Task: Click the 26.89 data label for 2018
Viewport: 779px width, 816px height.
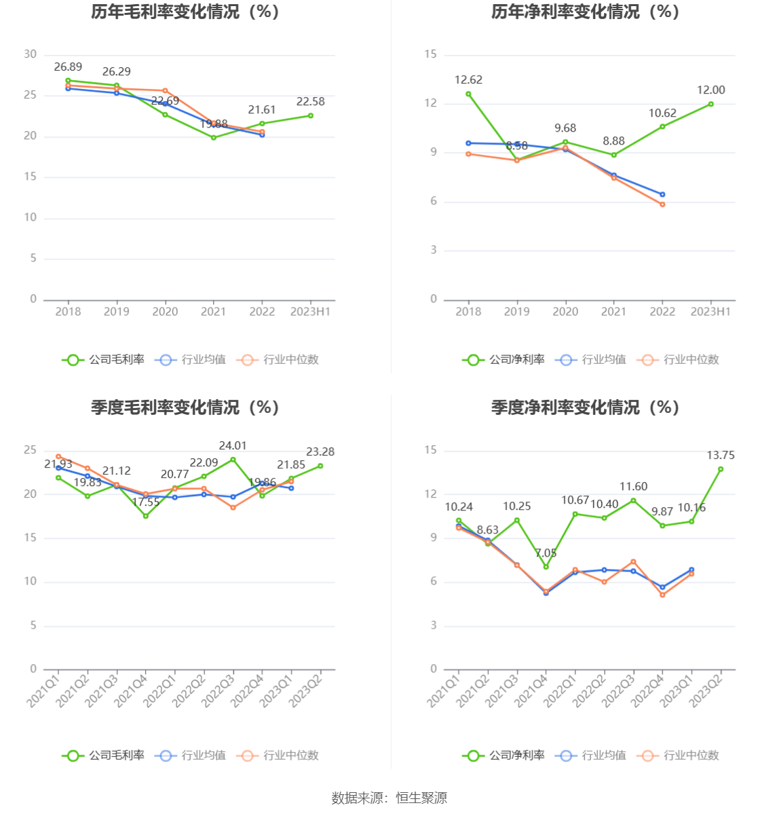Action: coord(68,67)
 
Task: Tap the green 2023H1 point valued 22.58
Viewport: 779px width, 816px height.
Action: coord(311,115)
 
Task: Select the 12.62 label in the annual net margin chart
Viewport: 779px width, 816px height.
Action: coord(468,80)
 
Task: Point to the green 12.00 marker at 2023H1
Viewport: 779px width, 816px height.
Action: coord(711,104)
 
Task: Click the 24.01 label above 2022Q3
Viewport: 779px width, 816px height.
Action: coord(233,446)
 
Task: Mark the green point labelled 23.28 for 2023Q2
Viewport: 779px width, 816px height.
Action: coord(320,466)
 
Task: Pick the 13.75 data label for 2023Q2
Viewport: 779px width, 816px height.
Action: coord(721,456)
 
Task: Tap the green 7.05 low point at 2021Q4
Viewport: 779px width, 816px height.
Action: coord(546,567)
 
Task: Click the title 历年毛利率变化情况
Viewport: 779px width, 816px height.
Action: coord(185,12)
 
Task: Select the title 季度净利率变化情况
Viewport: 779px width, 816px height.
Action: coord(585,407)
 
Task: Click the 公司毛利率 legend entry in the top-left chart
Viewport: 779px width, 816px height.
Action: coord(104,360)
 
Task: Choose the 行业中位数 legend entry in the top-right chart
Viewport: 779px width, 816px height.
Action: coord(679,360)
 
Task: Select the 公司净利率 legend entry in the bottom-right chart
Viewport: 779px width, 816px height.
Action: coord(504,756)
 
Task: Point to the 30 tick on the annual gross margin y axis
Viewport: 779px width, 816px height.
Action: coord(31,55)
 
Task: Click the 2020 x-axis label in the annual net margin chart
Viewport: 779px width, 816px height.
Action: coord(565,312)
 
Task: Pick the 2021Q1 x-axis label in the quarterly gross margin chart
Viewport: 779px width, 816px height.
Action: coord(43,688)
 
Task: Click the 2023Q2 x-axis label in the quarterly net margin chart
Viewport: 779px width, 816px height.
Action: coord(706,688)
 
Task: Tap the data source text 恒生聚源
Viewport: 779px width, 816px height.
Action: coord(421,798)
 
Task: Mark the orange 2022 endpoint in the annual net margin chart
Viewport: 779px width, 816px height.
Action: coord(662,204)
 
